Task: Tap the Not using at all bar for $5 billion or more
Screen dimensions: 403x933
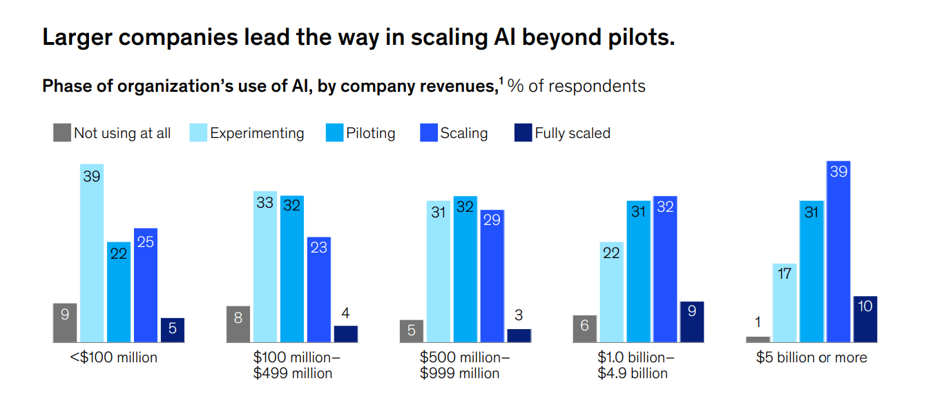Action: tap(758, 339)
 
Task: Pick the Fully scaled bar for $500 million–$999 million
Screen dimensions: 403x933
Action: tap(519, 335)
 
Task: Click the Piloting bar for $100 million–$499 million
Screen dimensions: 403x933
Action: tap(292, 268)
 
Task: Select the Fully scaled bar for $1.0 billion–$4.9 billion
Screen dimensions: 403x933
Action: tap(692, 322)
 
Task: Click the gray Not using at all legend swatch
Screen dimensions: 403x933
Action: tap(62, 132)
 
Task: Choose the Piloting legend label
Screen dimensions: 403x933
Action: tap(371, 133)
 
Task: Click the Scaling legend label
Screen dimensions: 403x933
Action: tap(464, 133)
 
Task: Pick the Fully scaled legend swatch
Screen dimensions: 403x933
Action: tap(523, 132)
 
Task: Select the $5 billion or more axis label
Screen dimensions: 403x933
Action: tap(811, 357)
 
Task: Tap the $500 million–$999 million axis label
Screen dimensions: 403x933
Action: tap(465, 366)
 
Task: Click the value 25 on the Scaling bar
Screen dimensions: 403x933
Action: tap(146, 242)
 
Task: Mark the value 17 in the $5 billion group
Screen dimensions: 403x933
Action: tap(785, 274)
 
